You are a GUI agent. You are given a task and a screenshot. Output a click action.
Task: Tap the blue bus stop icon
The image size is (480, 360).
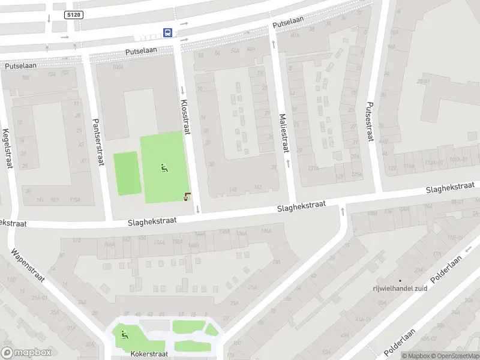[x=168, y=33]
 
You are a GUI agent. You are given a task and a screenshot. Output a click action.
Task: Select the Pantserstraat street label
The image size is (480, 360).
[x=96, y=140]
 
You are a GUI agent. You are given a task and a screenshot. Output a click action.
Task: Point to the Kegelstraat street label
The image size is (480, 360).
[x=7, y=148]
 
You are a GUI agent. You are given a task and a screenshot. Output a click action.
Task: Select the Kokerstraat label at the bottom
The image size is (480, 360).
[x=148, y=355]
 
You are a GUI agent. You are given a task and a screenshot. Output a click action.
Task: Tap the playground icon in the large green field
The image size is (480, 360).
[x=164, y=168]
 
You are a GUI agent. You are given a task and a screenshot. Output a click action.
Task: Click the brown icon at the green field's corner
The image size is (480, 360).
[x=188, y=196]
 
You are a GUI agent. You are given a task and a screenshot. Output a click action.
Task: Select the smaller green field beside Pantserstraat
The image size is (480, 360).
[x=126, y=173]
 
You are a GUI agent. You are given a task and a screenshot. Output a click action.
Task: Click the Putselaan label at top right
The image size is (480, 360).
[x=288, y=22]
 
